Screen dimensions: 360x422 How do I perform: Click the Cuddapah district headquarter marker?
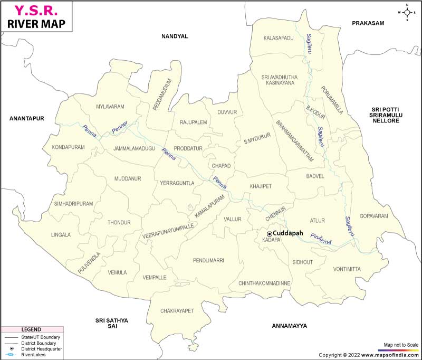click(270, 233)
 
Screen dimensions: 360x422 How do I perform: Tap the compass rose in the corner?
click(407, 12)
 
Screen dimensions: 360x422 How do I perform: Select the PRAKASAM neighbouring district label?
click(369, 23)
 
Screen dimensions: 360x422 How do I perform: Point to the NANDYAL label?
click(175, 36)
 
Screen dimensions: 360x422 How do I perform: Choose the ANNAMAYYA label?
click(289, 326)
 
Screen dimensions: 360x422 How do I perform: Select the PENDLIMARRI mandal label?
click(208, 260)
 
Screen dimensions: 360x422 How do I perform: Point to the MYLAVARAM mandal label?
click(110, 107)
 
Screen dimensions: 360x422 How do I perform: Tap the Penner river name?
click(120, 127)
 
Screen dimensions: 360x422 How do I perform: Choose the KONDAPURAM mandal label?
click(68, 147)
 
